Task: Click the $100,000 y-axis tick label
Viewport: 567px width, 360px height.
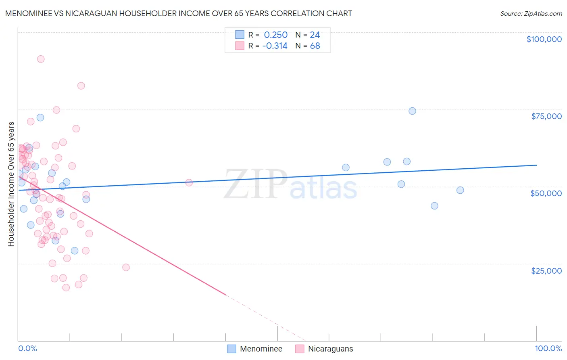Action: click(544, 39)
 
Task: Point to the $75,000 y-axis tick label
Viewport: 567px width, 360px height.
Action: click(546, 116)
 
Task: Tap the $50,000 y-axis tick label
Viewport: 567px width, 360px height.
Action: click(546, 193)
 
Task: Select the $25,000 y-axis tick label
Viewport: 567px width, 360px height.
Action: click(546, 271)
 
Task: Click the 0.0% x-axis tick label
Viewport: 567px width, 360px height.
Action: click(27, 348)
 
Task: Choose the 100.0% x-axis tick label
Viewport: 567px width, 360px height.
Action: click(548, 348)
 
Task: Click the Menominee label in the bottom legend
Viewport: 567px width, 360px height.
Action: click(261, 349)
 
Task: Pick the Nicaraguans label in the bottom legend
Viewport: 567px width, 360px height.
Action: click(330, 349)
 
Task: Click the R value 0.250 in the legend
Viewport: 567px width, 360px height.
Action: click(275, 35)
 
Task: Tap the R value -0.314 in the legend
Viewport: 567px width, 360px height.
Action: click(275, 46)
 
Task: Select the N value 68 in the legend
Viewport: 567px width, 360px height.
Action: click(315, 46)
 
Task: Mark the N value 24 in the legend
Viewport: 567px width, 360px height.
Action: click(315, 35)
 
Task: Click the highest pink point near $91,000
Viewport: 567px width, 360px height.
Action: click(41, 59)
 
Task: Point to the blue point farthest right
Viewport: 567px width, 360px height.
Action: click(460, 190)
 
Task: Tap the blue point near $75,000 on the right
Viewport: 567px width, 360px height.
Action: click(412, 111)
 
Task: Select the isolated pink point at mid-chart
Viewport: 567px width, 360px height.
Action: click(189, 182)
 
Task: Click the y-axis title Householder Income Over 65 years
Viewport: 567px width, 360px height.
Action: click(11, 184)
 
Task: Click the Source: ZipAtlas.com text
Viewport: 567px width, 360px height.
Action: click(531, 14)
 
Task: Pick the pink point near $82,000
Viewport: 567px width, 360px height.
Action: click(81, 86)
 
